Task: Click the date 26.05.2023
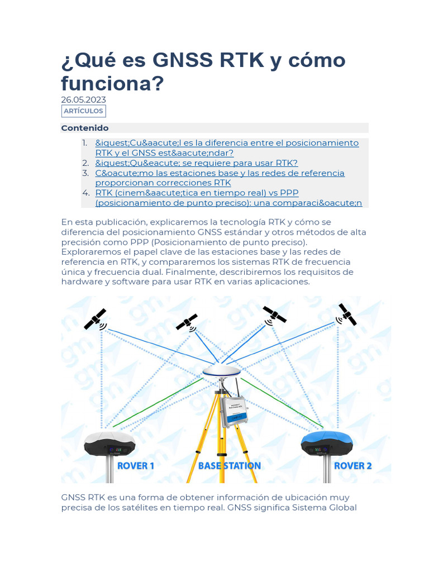pyautogui.click(x=83, y=100)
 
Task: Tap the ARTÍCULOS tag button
pyautogui.click(x=83, y=111)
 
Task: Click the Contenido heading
pyautogui.click(x=85, y=128)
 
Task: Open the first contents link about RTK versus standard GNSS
pyautogui.click(x=227, y=148)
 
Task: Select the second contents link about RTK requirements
pyautogui.click(x=196, y=163)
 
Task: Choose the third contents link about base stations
pyautogui.click(x=220, y=178)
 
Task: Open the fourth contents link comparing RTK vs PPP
pyautogui.click(x=228, y=198)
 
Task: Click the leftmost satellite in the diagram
pyautogui.click(x=96, y=320)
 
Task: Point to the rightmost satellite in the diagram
pyautogui.click(x=347, y=315)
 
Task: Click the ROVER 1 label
pyautogui.click(x=135, y=465)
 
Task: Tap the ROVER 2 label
pyautogui.click(x=352, y=465)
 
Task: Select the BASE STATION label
pyautogui.click(x=230, y=465)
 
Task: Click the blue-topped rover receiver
pyautogui.click(x=326, y=443)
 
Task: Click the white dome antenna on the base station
pyautogui.click(x=222, y=370)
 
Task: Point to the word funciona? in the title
pyautogui.click(x=113, y=84)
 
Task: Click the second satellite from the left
pyautogui.click(x=187, y=322)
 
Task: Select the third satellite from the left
pyautogui.click(x=274, y=314)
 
